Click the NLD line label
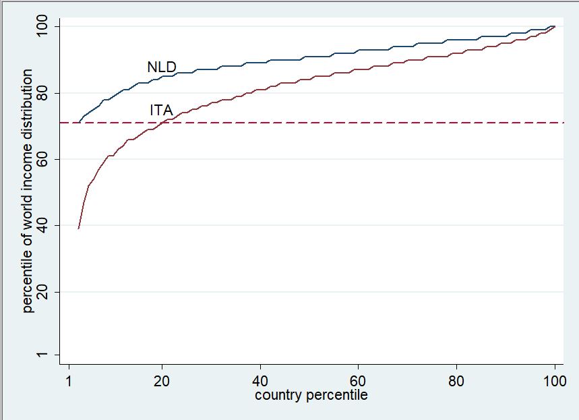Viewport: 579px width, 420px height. (x=161, y=67)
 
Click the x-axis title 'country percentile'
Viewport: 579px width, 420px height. (x=311, y=395)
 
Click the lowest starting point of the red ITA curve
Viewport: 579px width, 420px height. (x=79, y=229)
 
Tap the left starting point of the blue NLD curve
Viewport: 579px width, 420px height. (x=80, y=123)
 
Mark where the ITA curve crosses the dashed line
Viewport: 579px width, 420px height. (x=162, y=123)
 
